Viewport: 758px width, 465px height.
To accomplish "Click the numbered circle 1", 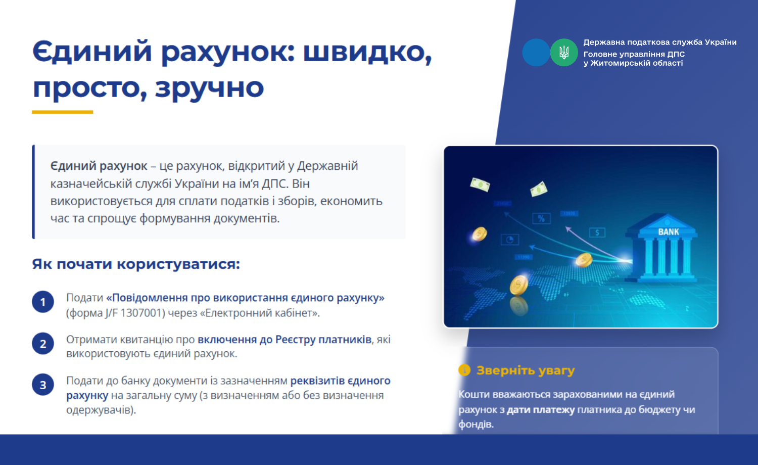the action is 43,302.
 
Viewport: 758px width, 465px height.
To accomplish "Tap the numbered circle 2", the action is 43,344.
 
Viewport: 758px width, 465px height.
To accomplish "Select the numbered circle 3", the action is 43,385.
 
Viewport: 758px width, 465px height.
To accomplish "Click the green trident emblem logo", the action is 564,53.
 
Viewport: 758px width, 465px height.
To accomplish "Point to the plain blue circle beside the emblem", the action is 536,53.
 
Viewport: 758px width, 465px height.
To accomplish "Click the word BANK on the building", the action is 669,232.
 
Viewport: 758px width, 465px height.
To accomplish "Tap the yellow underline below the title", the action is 63,112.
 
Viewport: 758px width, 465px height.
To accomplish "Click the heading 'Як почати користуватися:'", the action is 136,264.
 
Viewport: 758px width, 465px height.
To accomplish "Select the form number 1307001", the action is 143,313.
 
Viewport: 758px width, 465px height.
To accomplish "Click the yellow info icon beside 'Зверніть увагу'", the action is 464,370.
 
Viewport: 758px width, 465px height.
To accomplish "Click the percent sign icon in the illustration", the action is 541,218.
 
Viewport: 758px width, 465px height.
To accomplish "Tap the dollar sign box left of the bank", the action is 597,232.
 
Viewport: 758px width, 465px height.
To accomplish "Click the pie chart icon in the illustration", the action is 509,240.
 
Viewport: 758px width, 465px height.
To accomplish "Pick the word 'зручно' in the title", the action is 209,87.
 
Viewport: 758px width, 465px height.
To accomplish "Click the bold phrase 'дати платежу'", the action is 541,409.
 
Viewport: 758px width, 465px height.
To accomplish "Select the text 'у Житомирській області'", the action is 633,63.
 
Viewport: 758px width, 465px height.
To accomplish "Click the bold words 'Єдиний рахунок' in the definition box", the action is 99,166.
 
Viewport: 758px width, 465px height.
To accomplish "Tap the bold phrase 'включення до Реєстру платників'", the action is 285,339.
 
